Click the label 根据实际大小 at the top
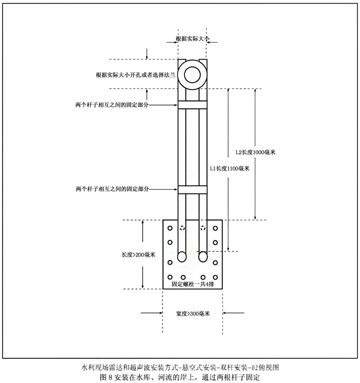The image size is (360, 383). tap(193, 39)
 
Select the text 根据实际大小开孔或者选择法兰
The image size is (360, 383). tap(135, 75)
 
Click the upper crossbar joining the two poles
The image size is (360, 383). tap(193, 105)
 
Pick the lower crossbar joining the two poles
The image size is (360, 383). tap(193, 189)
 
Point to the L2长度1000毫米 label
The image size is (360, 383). tap(256, 152)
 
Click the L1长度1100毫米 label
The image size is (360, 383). tap(229, 168)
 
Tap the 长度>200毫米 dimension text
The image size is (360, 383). tap(139, 255)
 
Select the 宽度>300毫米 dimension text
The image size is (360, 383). tap(193, 313)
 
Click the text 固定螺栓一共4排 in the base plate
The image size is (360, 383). tap(193, 284)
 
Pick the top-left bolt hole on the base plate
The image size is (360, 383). tap(170, 228)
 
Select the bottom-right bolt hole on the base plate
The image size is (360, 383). tap(215, 277)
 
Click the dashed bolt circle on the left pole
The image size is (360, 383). tap(182, 228)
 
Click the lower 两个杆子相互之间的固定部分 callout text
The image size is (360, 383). tap(112, 189)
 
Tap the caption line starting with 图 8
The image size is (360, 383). tap(180, 377)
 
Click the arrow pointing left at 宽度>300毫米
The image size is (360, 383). tap(233, 313)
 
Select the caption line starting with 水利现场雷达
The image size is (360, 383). tap(180, 367)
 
